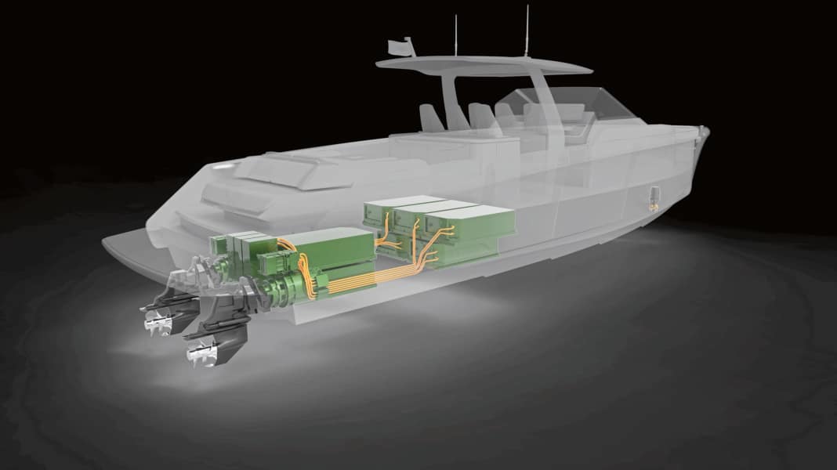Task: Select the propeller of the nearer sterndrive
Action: click(197, 355)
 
